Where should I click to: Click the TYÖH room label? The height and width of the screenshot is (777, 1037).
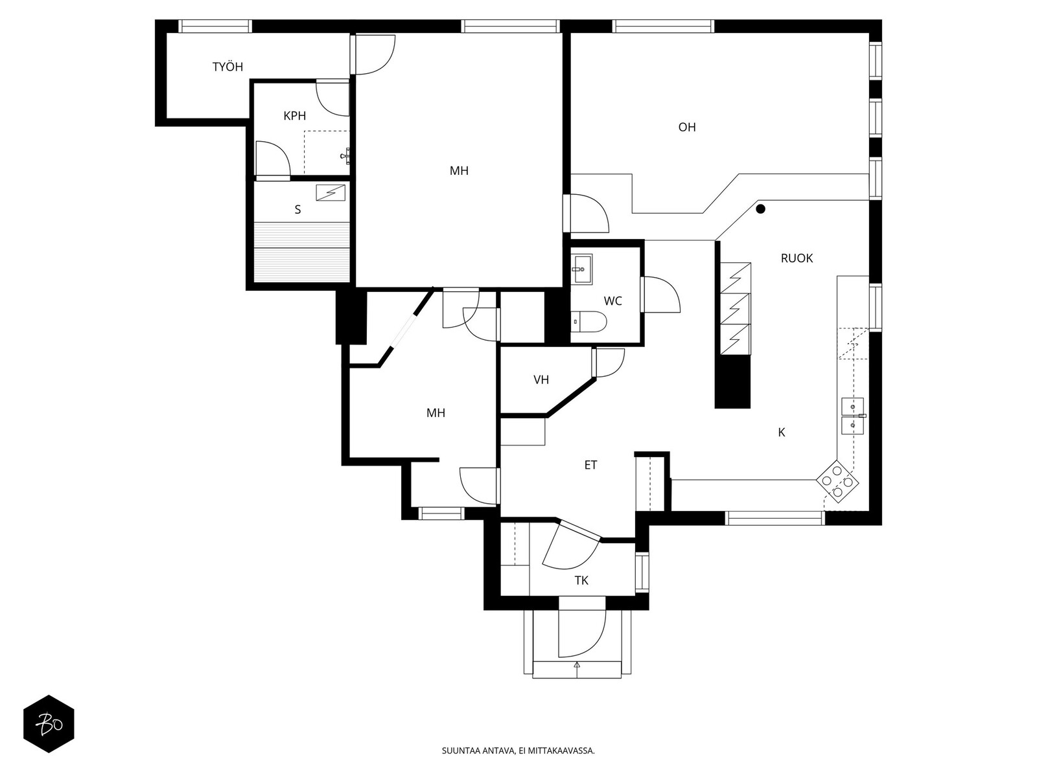point(227,67)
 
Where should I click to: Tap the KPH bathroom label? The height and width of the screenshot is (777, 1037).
point(294,116)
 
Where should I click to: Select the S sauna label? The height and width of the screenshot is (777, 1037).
point(297,209)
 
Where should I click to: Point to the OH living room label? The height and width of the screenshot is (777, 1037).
point(687,127)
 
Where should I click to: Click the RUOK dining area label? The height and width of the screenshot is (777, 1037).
point(797,258)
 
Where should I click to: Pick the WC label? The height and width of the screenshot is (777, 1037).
point(612,301)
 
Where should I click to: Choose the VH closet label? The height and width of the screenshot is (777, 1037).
point(541,380)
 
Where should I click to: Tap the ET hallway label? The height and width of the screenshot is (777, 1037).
point(590,465)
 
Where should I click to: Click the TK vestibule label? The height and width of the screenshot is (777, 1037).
point(581,581)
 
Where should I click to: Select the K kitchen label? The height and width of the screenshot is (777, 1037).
point(782,432)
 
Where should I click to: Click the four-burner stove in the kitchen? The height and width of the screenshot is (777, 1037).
point(837,482)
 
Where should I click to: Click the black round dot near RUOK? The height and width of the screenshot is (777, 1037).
point(761,209)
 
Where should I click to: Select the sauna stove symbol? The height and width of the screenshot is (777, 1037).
point(331,193)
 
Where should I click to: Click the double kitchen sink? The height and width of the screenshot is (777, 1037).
point(853,416)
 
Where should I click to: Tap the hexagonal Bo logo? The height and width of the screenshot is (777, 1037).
point(49,724)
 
